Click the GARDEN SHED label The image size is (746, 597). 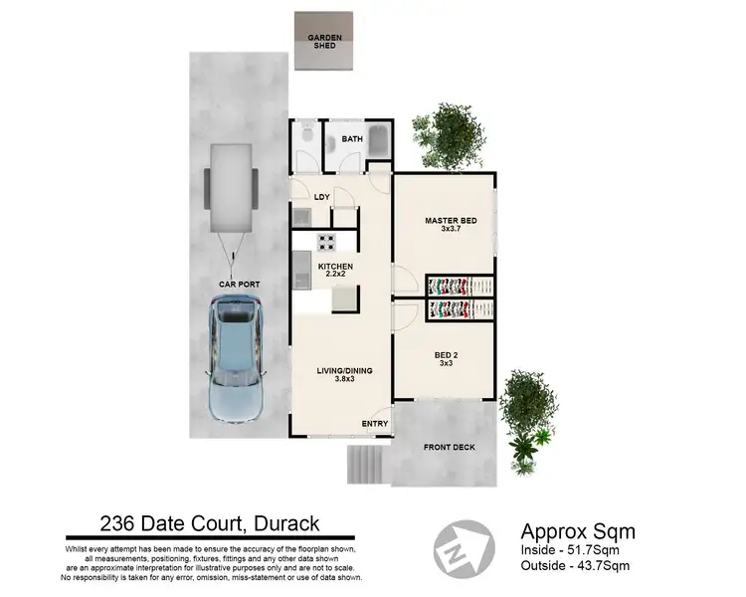[324, 42]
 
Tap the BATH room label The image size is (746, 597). [352, 140]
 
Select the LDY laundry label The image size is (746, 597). [321, 197]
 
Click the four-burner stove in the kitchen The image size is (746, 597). [327, 241]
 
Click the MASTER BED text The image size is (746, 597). [446, 220]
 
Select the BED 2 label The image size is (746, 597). [446, 353]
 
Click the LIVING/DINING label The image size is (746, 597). [344, 371]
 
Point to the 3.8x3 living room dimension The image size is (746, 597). [344, 381]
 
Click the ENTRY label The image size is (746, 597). [375, 425]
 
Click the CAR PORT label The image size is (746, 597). [239, 285]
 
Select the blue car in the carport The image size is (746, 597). [235, 360]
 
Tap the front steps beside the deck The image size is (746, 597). [364, 463]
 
